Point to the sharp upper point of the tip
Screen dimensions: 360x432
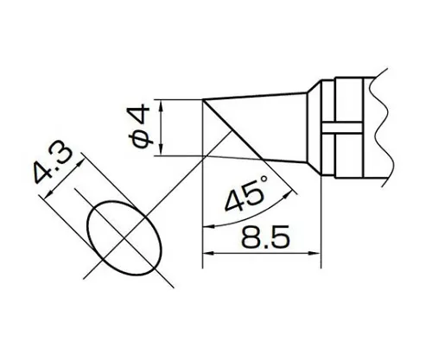point(204,101)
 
